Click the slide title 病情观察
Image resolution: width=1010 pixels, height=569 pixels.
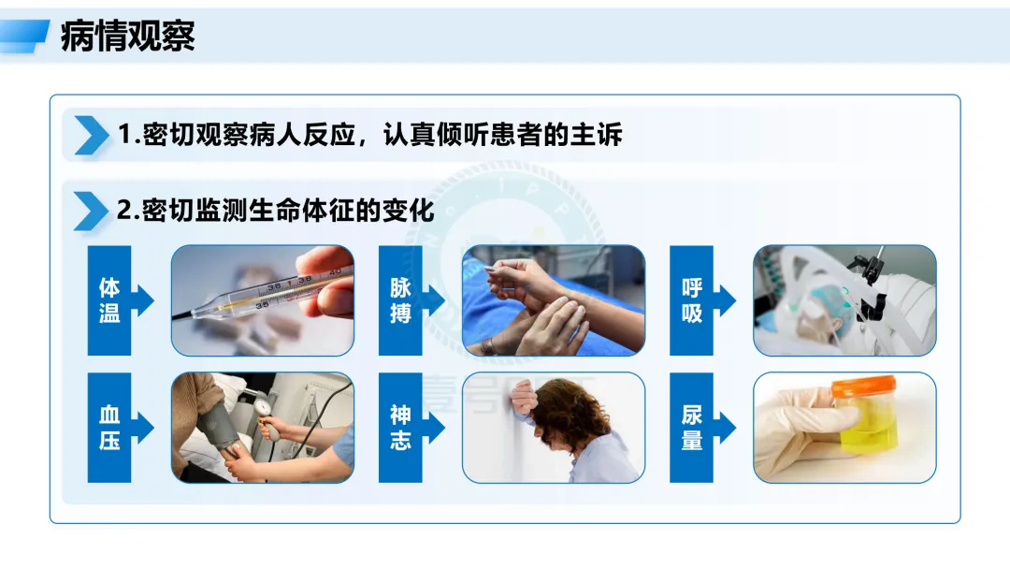127,36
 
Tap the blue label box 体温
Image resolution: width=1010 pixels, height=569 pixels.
109,300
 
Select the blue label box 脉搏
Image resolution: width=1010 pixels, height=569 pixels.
400,300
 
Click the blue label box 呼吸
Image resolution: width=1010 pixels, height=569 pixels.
691,300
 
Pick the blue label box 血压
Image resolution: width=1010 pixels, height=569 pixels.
109,428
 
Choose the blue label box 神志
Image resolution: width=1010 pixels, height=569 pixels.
400,428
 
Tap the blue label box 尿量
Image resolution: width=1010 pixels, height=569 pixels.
691,428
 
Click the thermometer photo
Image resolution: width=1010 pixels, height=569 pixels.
263,300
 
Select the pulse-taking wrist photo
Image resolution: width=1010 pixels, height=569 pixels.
554,300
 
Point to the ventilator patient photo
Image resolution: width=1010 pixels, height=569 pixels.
844,300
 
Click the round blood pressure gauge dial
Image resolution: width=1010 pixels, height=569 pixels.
264,408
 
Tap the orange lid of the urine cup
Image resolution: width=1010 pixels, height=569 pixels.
864,386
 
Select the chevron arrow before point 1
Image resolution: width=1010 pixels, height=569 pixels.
92,136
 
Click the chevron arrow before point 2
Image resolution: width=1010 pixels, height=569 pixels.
91,211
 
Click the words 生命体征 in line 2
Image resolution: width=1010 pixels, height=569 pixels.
301,211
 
